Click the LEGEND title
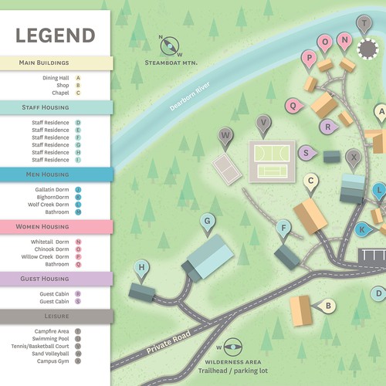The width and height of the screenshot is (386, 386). (56, 36)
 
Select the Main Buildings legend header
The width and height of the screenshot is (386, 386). (56, 63)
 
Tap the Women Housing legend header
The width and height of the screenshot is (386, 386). (56, 227)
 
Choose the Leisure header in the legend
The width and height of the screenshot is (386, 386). (56, 317)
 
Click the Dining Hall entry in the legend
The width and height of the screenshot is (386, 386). (57, 78)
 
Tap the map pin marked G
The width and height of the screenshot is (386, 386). (207, 222)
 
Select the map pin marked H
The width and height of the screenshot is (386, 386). (142, 269)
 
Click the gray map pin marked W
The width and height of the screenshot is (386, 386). (226, 136)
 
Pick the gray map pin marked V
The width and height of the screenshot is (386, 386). (264, 123)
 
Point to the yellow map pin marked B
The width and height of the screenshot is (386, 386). (328, 306)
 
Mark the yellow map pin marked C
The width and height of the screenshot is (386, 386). (311, 182)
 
